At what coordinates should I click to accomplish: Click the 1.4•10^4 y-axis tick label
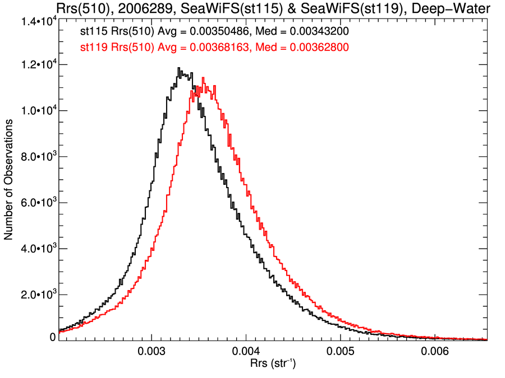36,21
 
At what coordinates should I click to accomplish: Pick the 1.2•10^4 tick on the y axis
36,65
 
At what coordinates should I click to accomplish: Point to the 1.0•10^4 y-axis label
36,111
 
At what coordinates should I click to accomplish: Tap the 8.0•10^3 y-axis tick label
36,157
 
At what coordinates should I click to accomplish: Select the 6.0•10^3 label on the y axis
36,203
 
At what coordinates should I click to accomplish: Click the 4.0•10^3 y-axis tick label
36,249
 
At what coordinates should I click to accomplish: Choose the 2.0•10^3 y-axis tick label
36,295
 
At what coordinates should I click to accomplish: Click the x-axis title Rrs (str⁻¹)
273,365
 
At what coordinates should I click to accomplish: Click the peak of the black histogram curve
178,68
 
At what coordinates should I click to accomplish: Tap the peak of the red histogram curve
203,78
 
